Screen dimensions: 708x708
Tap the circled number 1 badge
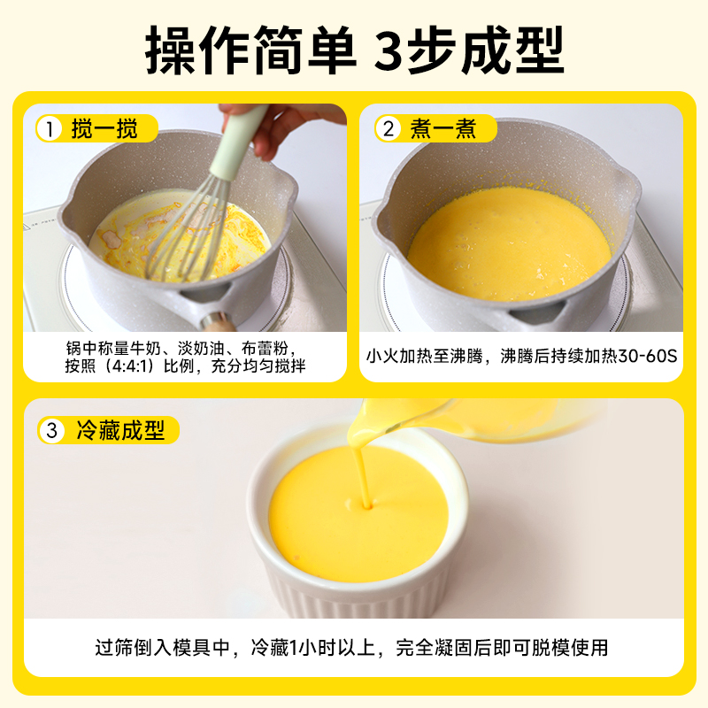50,128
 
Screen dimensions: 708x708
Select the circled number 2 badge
388,128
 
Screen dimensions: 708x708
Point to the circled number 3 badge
52,430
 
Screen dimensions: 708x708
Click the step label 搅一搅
104,128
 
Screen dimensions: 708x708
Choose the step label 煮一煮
443,128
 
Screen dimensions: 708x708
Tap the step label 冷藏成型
120,430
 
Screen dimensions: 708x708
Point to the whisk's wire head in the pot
189,230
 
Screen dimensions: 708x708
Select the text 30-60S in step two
647,357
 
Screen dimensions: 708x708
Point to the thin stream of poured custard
361,474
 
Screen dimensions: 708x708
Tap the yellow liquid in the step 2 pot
510,244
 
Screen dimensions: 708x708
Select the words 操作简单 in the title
250,50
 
